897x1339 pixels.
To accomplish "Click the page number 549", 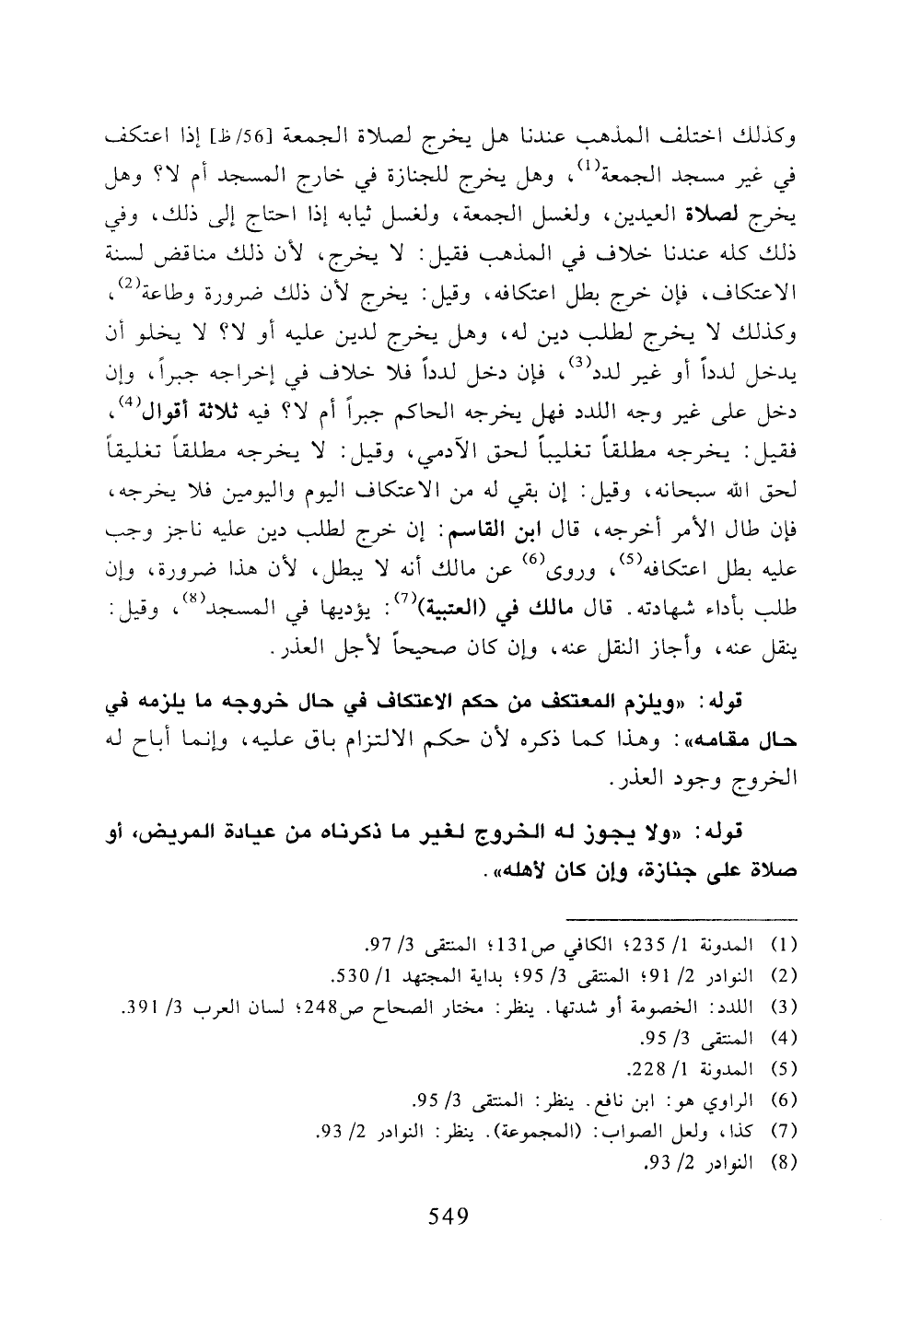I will pos(449,1217).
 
